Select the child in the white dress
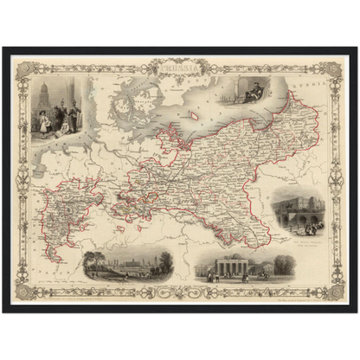coord(44,123)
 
